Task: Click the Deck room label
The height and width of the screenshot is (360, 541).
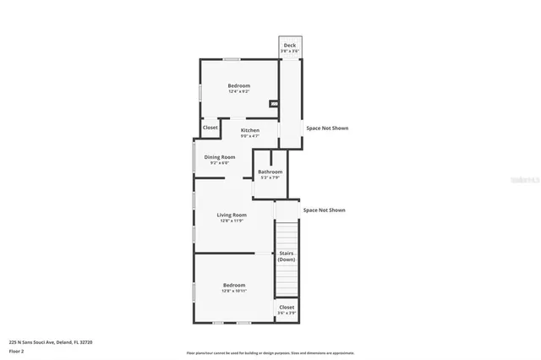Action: coord(289,46)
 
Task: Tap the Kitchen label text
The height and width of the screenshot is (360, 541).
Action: coord(249,130)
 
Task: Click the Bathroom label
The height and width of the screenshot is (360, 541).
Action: coord(270,172)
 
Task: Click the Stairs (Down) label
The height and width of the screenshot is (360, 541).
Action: coord(287,255)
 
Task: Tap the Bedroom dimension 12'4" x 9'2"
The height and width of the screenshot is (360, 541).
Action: coord(238,92)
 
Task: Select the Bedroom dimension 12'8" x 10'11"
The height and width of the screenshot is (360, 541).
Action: coord(234,291)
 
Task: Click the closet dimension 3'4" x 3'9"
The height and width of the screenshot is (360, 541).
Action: coord(287,313)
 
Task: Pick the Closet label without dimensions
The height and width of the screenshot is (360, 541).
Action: coord(210,128)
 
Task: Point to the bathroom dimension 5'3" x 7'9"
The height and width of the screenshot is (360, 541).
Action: coord(270,177)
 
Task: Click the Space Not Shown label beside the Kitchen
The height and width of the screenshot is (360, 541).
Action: coord(326,128)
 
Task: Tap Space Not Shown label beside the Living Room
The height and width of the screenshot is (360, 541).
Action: coord(324,210)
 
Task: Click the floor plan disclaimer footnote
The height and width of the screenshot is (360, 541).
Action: coord(270,352)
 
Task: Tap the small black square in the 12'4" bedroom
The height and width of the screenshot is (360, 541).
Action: coord(273,104)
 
